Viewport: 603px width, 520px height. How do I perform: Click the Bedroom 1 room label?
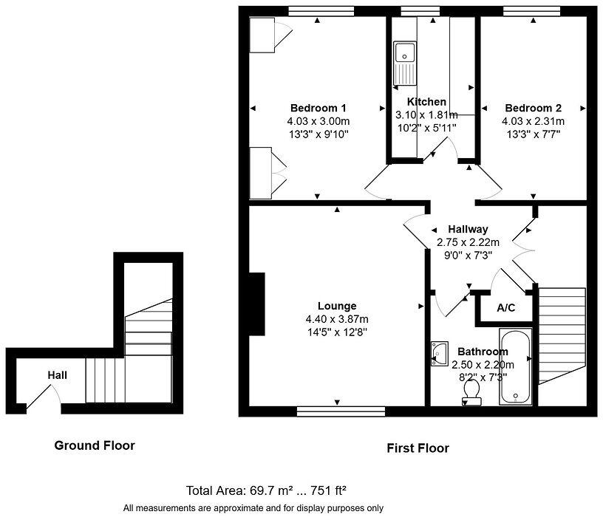click(318, 107)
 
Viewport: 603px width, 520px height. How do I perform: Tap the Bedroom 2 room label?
click(533, 107)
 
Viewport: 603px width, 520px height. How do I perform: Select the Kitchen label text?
click(426, 102)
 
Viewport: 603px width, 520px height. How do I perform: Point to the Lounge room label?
click(337, 306)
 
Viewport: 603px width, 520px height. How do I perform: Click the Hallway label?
click(467, 229)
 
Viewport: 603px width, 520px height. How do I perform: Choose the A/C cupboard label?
click(505, 308)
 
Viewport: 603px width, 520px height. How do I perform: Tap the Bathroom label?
click(483, 352)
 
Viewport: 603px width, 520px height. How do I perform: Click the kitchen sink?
click(405, 53)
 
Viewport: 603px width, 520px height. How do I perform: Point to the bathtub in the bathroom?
click(516, 367)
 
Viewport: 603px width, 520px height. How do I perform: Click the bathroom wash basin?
click(438, 353)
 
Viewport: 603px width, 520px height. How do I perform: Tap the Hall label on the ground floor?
click(58, 375)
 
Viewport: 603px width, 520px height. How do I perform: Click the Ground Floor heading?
click(95, 445)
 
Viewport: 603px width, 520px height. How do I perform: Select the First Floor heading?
click(418, 448)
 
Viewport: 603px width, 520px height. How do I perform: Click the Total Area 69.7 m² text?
click(266, 490)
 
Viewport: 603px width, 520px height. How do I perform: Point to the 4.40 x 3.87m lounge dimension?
click(337, 319)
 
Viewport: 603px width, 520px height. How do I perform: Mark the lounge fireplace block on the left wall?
click(256, 304)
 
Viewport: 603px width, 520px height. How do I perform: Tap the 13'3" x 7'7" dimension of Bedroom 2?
click(533, 134)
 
